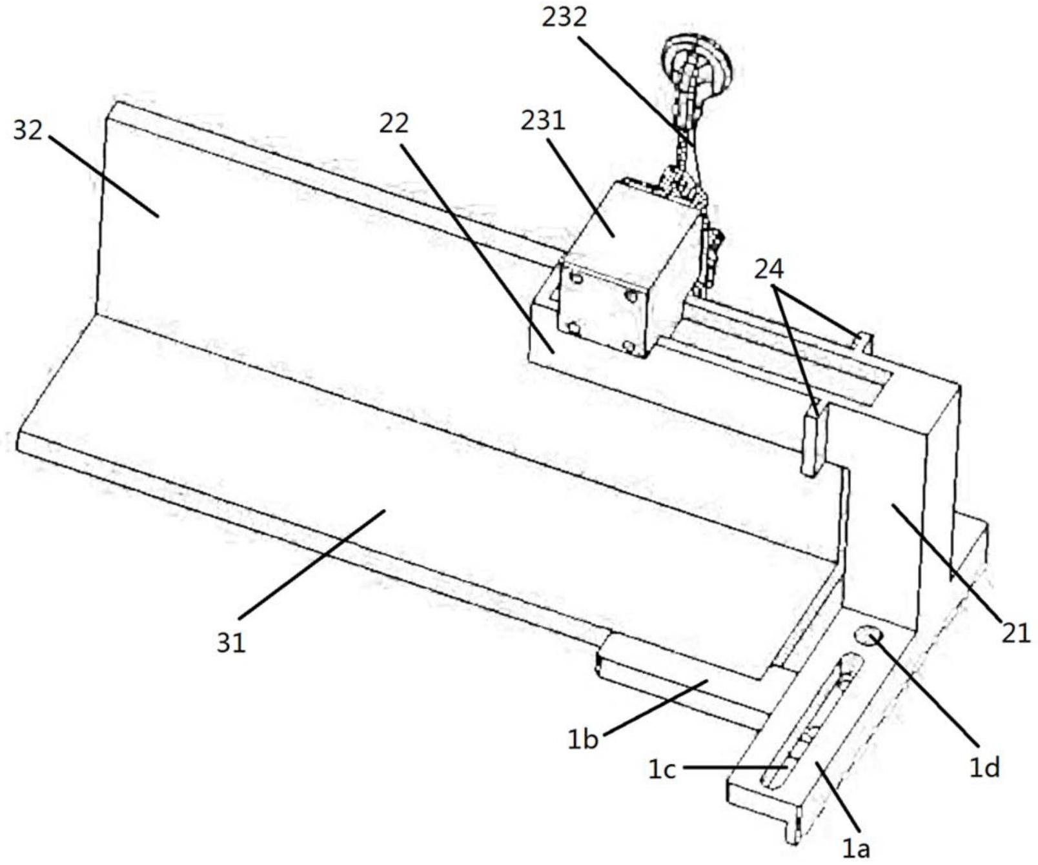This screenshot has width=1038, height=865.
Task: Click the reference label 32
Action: (27, 131)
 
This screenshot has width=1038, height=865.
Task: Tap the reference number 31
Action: (231, 642)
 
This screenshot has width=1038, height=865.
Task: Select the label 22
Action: (394, 123)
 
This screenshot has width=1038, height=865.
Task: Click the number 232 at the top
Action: (564, 17)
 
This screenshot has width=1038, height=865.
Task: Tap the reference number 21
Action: (1016, 633)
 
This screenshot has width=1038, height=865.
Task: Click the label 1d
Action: (985, 767)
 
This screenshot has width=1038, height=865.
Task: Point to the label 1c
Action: (662, 770)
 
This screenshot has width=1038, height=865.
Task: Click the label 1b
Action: (582, 740)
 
